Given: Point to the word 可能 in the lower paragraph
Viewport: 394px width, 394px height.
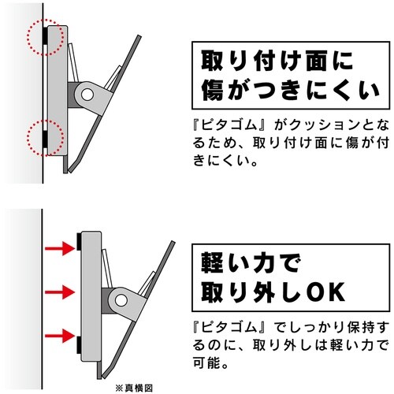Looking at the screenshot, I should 207,364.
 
